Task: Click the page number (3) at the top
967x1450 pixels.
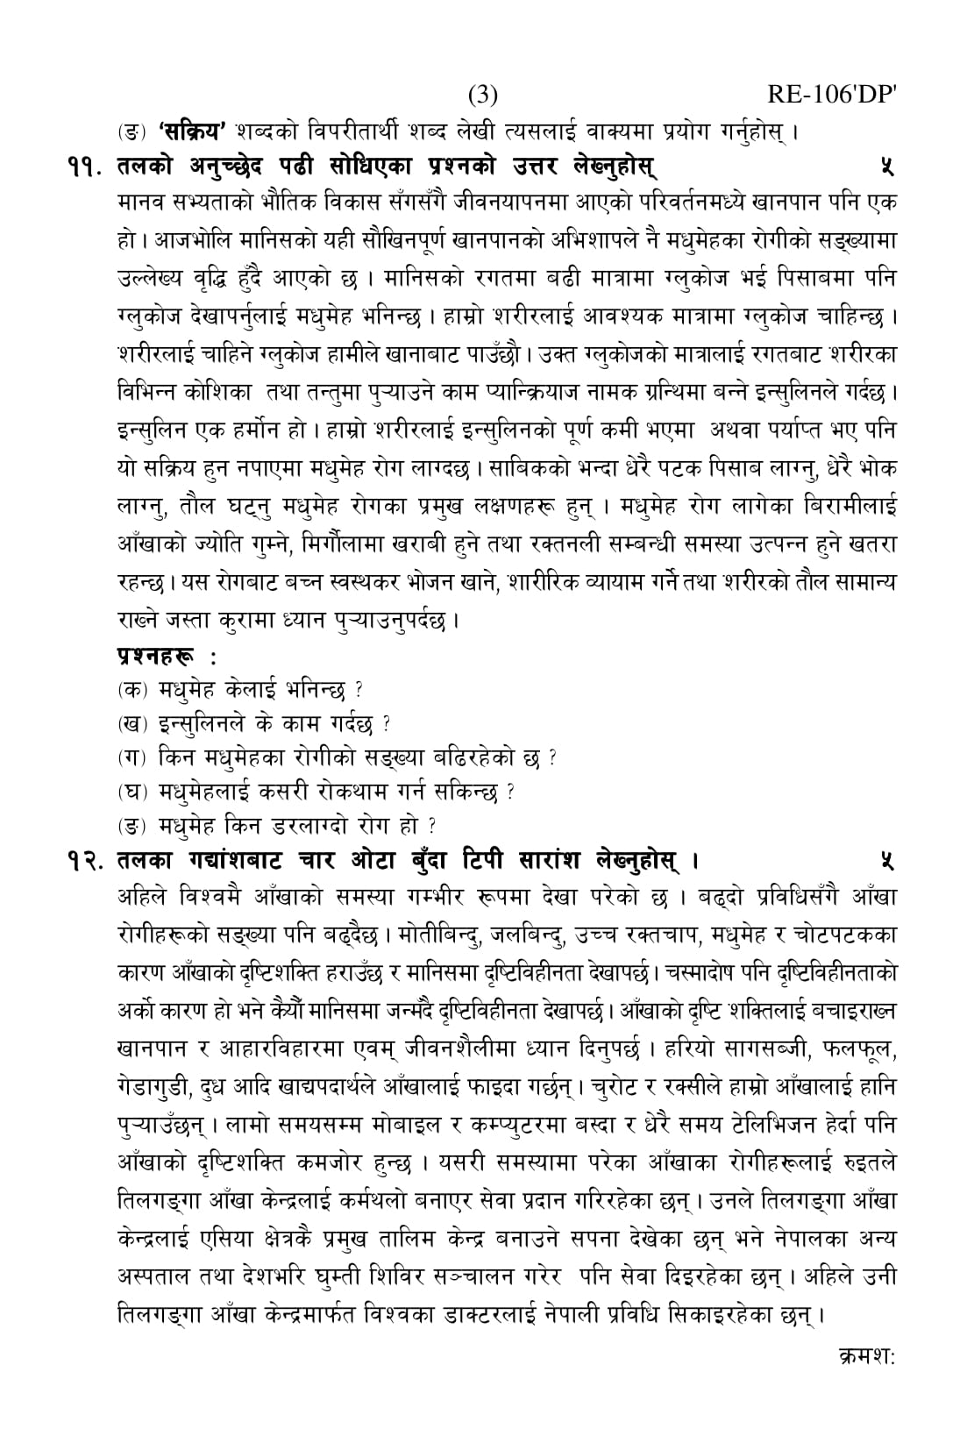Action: (x=483, y=95)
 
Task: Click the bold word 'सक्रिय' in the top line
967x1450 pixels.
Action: (x=194, y=132)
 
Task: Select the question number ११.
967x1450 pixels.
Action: (x=85, y=167)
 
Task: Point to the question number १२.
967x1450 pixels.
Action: (x=85, y=858)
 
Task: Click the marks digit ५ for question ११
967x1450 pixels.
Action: (x=887, y=167)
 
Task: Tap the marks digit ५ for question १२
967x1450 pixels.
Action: (x=887, y=858)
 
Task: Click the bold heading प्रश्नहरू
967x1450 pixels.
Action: (x=157, y=655)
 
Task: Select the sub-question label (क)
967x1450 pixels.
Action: (x=133, y=689)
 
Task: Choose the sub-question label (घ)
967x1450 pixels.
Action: (x=133, y=792)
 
